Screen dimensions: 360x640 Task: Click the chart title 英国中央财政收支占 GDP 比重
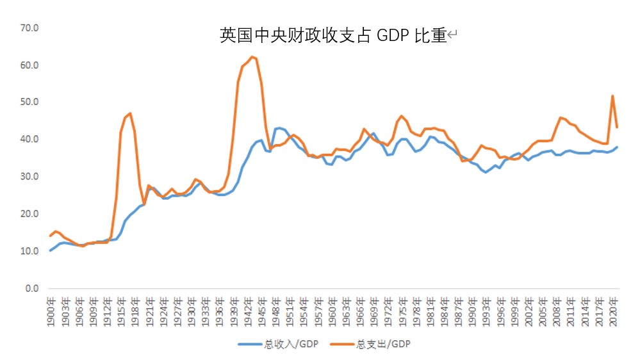coord(333,36)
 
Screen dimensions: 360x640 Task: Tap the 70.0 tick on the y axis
coord(30,28)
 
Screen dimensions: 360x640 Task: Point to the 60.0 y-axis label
coord(30,65)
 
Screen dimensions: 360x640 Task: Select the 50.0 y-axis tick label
coord(30,102)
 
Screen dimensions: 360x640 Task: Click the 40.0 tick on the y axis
coord(30,140)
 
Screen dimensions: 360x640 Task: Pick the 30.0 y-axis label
coord(30,177)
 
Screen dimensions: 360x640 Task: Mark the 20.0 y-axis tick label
coord(30,214)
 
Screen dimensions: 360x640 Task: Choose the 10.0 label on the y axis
coord(30,251)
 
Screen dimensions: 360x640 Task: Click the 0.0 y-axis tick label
coord(32,288)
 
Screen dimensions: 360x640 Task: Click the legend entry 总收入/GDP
coord(283,344)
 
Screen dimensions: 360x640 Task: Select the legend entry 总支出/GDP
coord(375,344)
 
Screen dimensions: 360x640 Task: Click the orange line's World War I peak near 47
coord(131,113)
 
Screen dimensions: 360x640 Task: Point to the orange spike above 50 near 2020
coord(612,96)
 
